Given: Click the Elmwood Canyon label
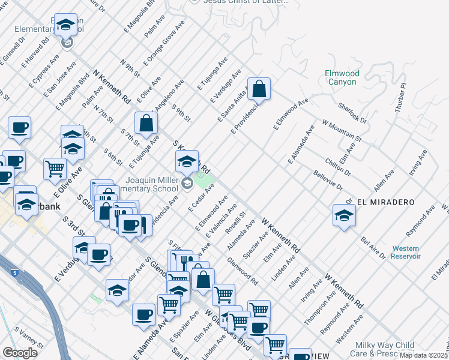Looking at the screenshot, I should pyautogui.click(x=342, y=77).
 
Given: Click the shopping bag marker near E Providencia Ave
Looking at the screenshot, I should pyautogui.click(x=259, y=89).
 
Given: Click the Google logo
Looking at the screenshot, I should pyautogui.click(x=20, y=352).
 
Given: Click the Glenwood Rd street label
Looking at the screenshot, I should pyautogui.click(x=243, y=271).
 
